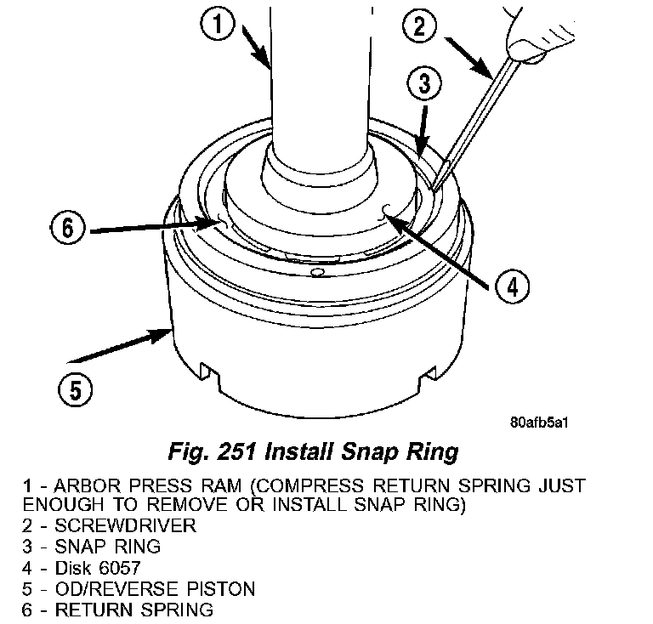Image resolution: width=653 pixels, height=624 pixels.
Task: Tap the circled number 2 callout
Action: [419, 26]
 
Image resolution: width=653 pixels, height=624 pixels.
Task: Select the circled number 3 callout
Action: [424, 82]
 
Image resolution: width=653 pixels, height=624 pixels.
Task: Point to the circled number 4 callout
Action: [512, 286]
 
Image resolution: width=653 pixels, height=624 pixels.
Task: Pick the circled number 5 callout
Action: [76, 389]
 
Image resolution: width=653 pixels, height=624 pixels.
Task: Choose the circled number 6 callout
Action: [67, 228]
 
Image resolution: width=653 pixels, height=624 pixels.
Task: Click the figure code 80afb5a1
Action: [539, 423]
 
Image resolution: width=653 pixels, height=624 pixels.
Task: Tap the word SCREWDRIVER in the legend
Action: [125, 525]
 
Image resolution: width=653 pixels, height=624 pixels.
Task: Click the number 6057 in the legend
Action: [120, 568]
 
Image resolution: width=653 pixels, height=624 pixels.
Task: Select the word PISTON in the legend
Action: [221, 588]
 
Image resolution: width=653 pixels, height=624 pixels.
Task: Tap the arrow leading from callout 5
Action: [120, 346]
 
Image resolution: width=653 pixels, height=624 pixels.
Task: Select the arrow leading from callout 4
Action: [434, 249]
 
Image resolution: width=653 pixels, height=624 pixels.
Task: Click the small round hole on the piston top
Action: [317, 272]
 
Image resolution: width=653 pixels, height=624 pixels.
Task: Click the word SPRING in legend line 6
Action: [177, 610]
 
